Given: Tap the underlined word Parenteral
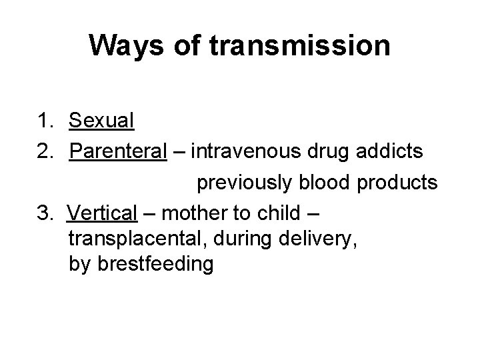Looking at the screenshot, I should (x=117, y=151).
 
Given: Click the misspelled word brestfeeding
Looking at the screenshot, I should (x=155, y=265).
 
